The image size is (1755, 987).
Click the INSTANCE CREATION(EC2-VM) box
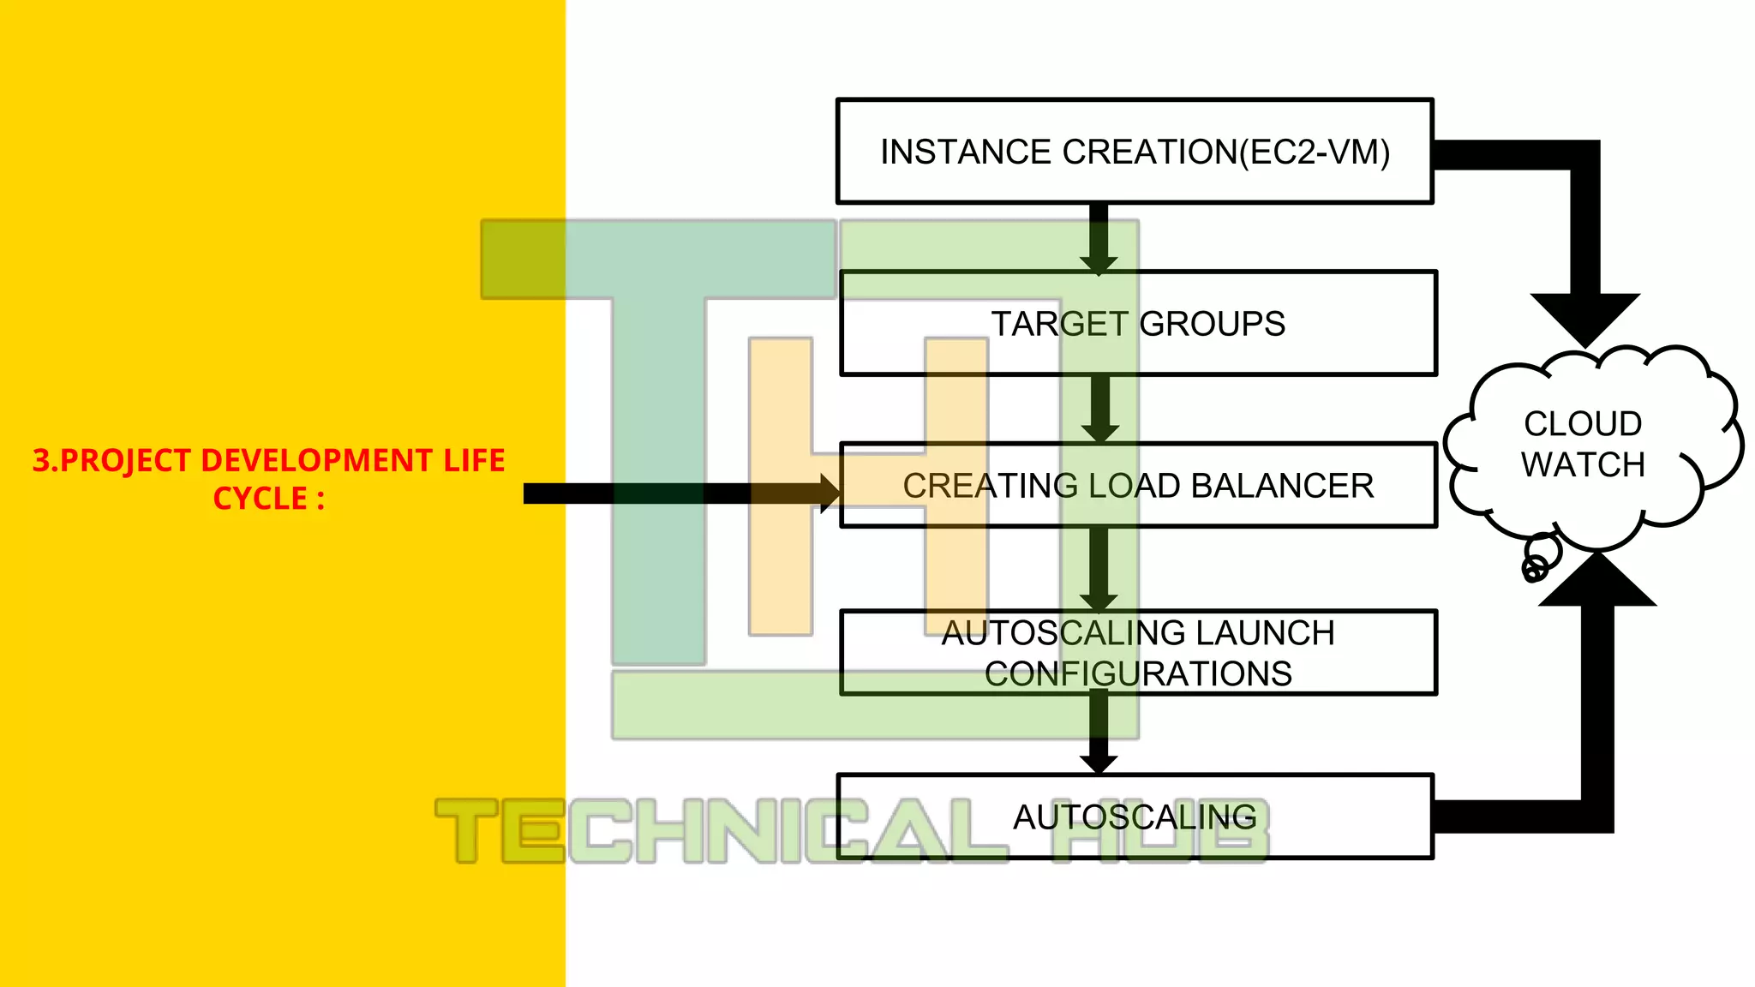(1135, 152)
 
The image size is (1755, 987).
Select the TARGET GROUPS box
(1138, 324)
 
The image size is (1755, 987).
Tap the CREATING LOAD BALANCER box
(1138, 485)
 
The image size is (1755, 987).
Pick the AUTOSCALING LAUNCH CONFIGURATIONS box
(1138, 653)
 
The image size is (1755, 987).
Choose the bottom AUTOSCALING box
(1135, 817)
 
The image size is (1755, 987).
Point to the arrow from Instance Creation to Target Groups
(1099, 238)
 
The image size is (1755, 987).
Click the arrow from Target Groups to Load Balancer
(1100, 410)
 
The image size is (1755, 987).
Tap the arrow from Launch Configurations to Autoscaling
(1099, 733)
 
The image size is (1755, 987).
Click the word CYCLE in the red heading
(260, 499)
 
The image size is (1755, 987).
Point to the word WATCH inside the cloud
(1583, 465)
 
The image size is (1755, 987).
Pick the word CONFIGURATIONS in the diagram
(1138, 674)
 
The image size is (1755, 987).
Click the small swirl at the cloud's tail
(1535, 567)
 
